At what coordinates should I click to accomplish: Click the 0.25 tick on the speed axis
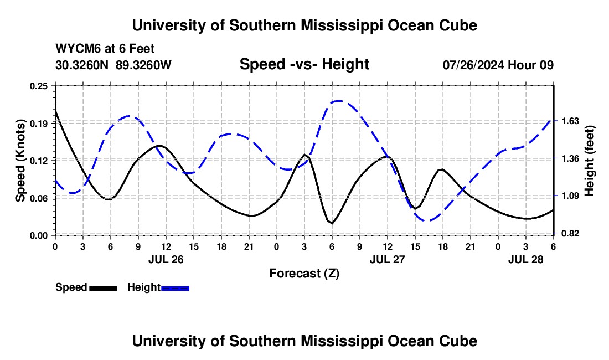(x=42, y=86)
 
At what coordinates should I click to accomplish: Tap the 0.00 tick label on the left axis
(x=42, y=235)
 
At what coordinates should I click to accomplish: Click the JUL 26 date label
(x=166, y=259)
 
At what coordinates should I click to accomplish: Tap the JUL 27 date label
(x=388, y=259)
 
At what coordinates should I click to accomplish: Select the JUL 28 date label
(x=526, y=259)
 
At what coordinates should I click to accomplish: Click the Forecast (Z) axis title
(x=304, y=273)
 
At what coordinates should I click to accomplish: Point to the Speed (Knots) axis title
(x=20, y=161)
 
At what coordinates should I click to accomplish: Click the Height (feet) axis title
(x=589, y=161)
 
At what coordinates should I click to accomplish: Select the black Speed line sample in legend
(x=103, y=288)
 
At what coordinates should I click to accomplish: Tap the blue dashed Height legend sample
(x=175, y=288)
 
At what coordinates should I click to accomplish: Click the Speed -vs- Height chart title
(x=304, y=64)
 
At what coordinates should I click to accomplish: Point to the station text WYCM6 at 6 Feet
(x=105, y=49)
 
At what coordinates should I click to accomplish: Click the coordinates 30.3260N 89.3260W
(x=113, y=65)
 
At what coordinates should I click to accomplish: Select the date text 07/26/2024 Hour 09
(x=498, y=65)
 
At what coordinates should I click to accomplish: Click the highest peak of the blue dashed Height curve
(x=339, y=101)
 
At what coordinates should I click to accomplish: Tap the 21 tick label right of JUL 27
(x=471, y=246)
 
